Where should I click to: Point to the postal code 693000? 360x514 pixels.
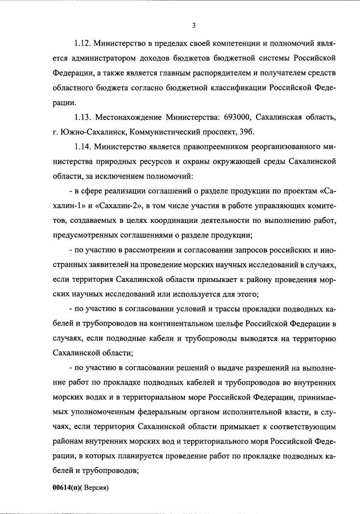pyautogui.click(x=234, y=117)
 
